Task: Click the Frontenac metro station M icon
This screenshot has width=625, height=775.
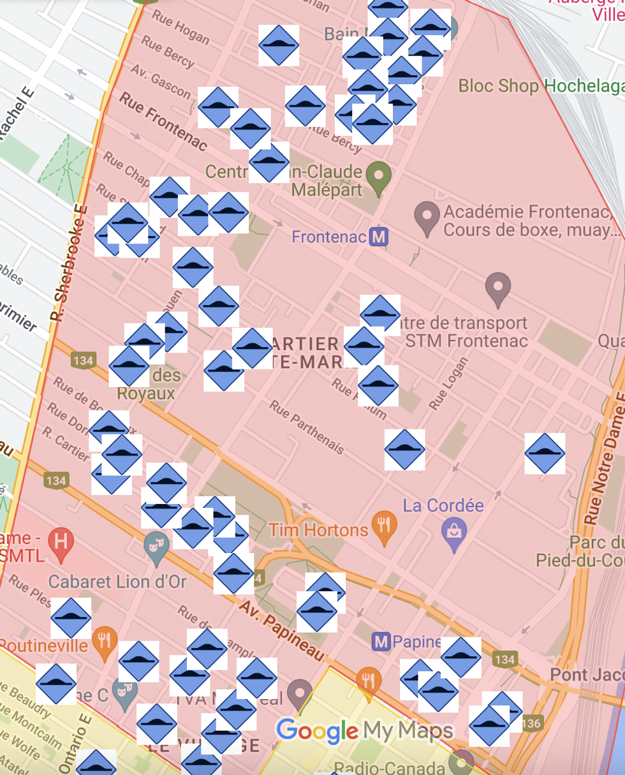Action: click(379, 237)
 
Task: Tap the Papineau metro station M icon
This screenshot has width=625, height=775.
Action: click(381, 641)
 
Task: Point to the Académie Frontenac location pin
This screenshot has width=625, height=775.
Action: click(427, 217)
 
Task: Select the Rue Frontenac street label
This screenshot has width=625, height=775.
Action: click(163, 121)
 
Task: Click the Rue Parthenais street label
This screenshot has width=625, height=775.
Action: click(307, 427)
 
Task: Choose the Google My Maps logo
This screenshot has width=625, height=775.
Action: click(365, 731)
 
